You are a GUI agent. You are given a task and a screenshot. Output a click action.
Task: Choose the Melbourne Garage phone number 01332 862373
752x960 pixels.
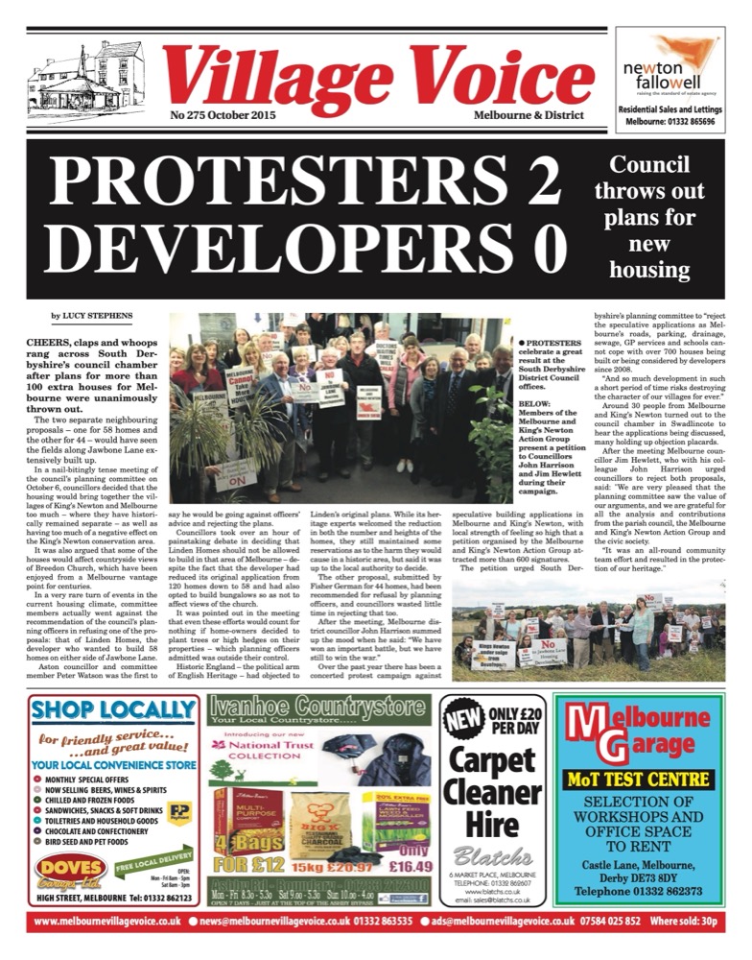click(645, 891)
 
